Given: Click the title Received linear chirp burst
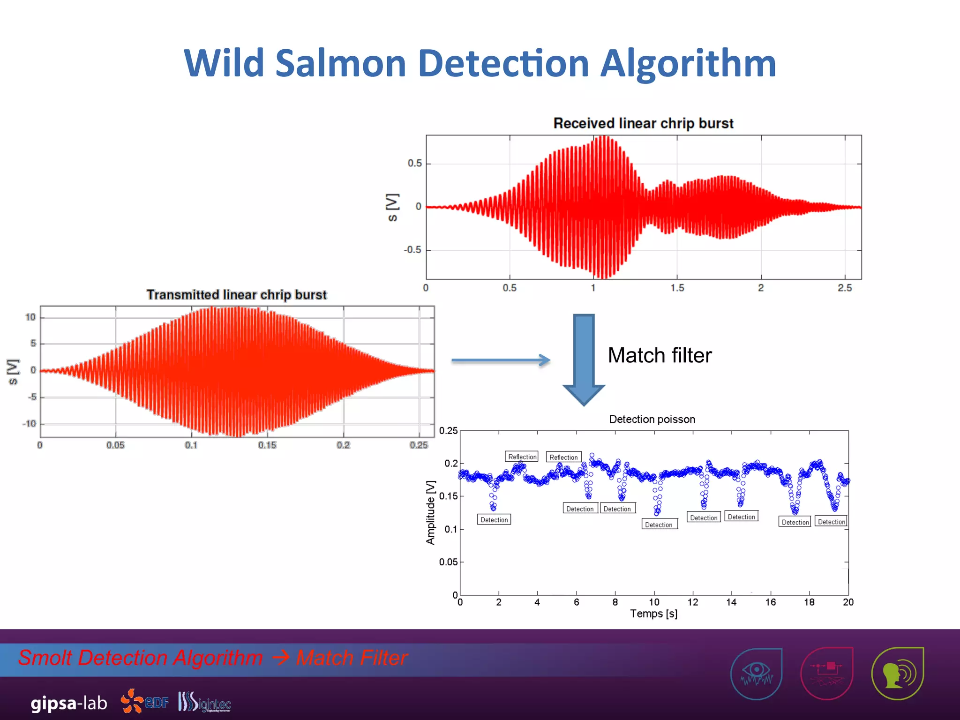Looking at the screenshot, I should click(x=643, y=123).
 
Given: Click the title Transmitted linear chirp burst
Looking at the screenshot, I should click(x=236, y=295).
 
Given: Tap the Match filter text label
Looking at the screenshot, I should click(x=660, y=355).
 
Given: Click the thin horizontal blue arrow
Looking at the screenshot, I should click(x=501, y=360).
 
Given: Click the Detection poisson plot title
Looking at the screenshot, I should click(x=652, y=420).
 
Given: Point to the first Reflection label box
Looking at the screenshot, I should click(x=522, y=457).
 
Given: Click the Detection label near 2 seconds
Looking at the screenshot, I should click(x=494, y=520).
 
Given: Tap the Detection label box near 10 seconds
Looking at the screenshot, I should click(x=659, y=525).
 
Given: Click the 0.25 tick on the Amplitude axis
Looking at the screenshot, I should click(x=448, y=431).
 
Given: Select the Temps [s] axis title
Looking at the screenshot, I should click(x=653, y=614).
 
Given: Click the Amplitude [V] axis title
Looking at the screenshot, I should click(x=430, y=512).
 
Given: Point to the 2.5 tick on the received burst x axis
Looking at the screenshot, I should click(x=845, y=288).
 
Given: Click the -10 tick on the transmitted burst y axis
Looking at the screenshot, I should click(x=29, y=424).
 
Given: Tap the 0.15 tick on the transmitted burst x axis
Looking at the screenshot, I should click(x=267, y=445).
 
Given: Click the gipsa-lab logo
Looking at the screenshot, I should click(x=69, y=703).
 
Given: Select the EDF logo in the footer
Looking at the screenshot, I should click(x=145, y=701).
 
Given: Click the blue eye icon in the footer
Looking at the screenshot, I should click(x=756, y=674).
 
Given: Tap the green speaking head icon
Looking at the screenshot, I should click(x=897, y=674).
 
